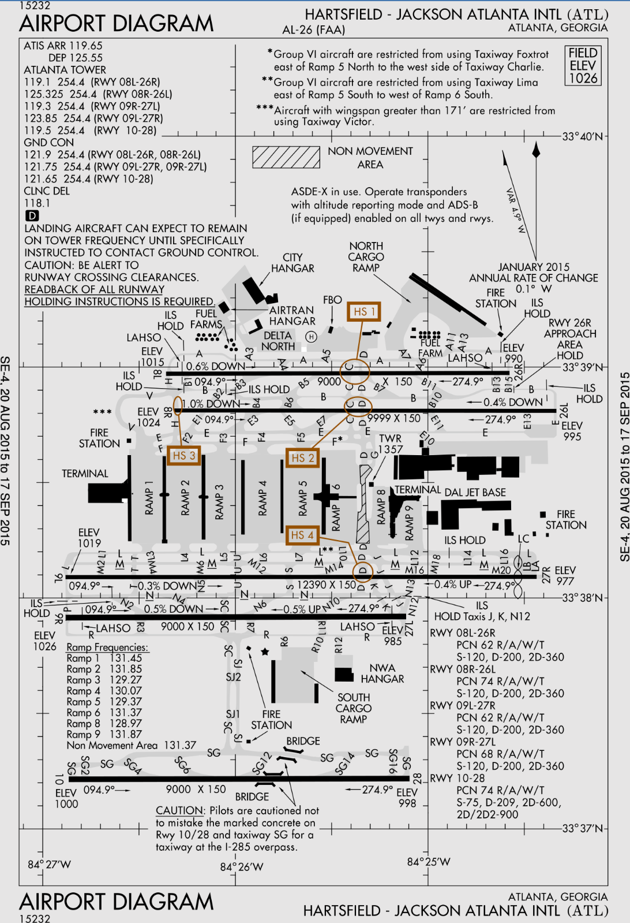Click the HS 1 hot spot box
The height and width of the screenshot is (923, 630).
(364, 311)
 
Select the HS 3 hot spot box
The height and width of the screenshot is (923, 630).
(184, 456)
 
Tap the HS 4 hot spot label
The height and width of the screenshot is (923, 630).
(302, 535)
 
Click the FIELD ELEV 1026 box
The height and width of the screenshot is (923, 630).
(583, 66)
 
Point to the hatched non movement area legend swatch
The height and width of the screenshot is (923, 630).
(286, 157)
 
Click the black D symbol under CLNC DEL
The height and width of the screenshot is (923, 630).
(32, 215)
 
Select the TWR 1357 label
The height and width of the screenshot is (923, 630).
(390, 444)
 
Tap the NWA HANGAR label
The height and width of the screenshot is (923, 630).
(382, 673)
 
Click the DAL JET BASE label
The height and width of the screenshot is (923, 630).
(475, 492)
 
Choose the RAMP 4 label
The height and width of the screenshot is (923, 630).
(263, 497)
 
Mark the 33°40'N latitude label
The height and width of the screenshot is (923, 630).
(582, 137)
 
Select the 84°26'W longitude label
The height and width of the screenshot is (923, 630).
(241, 867)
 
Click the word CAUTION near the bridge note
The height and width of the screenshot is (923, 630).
(180, 810)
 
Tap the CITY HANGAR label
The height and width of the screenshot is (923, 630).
(293, 263)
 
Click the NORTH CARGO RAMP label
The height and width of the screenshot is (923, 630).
(366, 257)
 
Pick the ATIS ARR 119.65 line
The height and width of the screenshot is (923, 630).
(63, 46)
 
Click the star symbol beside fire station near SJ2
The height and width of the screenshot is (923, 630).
(265, 652)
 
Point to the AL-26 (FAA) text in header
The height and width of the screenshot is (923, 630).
(313, 29)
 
